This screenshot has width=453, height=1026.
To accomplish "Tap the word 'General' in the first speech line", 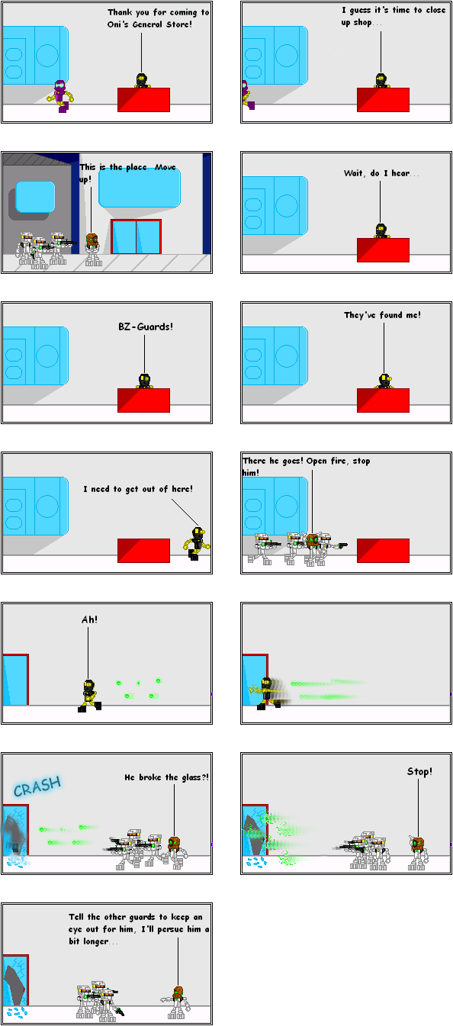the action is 147,24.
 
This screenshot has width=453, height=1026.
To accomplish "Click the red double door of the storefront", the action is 136,236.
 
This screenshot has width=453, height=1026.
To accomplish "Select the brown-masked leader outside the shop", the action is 92,249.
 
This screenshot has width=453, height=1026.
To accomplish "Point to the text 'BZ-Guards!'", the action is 146,326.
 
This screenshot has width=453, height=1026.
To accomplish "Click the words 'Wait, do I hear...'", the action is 381,173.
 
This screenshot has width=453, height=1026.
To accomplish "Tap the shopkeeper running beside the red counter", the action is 197,544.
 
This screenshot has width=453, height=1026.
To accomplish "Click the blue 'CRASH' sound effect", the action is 37,786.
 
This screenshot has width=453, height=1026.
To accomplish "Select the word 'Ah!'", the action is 89,619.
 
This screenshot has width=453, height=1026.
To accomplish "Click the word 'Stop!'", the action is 419,772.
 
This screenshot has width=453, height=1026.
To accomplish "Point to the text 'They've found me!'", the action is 382,315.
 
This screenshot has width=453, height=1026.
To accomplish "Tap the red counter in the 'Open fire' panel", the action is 383,551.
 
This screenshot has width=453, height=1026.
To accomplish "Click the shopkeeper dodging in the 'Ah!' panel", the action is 90,695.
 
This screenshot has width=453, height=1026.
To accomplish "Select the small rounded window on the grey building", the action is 35,197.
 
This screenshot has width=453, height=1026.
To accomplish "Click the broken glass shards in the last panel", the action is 17,1012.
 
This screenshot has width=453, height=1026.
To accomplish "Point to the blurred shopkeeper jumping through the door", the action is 270,693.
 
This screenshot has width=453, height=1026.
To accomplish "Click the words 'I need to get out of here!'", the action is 138,489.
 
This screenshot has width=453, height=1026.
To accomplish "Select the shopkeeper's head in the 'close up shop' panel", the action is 381,79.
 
